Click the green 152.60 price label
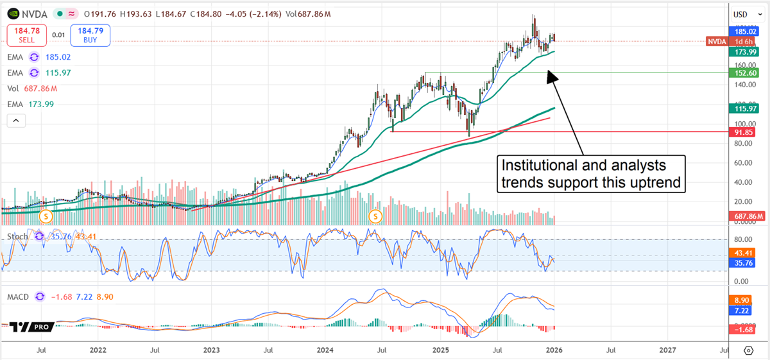[x=748, y=73]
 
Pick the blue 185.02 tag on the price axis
[x=748, y=31]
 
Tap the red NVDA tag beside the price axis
[x=715, y=42]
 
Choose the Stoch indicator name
[x=17, y=237]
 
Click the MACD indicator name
[x=19, y=296]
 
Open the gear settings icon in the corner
[x=748, y=350]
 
